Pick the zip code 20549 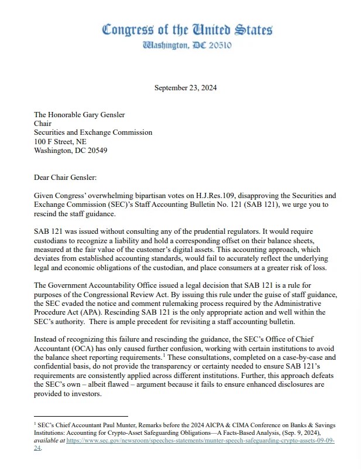95,149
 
